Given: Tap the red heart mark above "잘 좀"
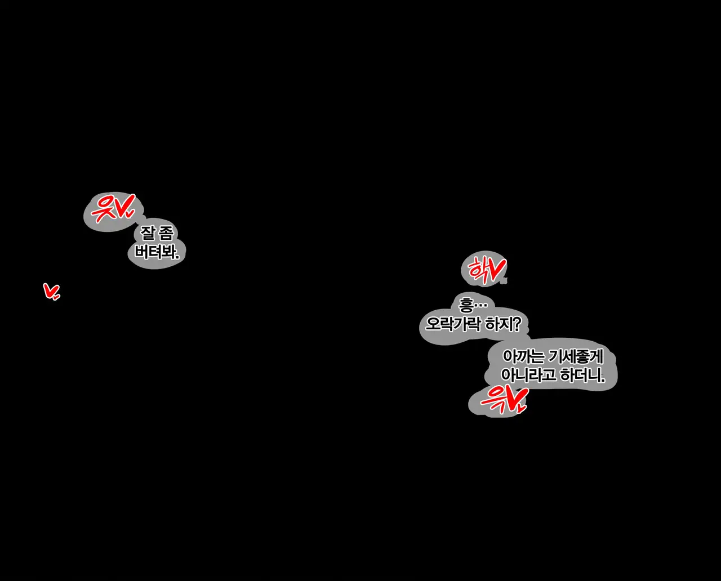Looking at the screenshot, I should (125, 206).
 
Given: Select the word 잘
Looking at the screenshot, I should (148, 233).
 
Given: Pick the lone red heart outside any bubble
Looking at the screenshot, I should (51, 291).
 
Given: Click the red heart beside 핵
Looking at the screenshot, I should (496, 270).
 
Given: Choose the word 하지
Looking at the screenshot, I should (500, 324).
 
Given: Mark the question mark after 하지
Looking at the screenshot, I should (518, 324).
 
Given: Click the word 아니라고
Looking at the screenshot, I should (528, 376).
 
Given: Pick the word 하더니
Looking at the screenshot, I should (582, 376).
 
